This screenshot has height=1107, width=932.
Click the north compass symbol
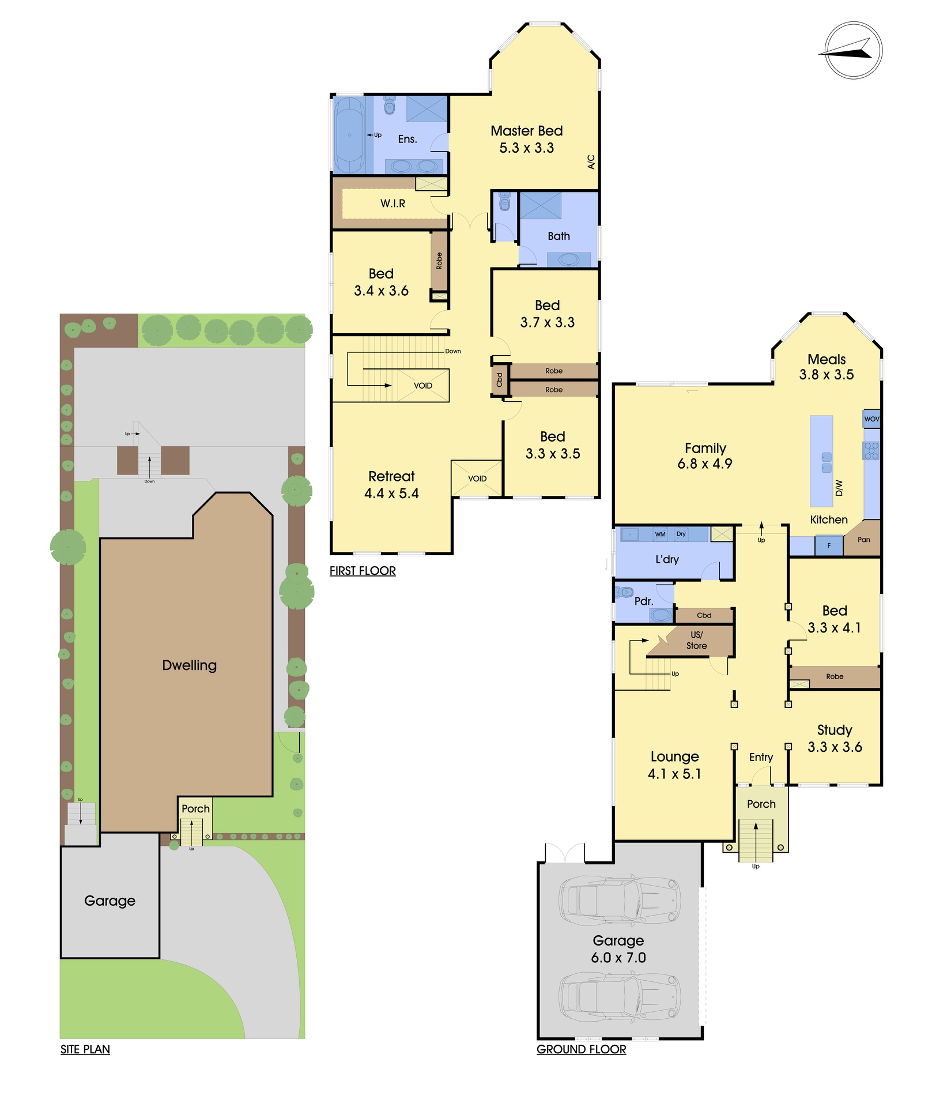click(x=853, y=50)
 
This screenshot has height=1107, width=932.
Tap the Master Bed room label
click(x=526, y=131)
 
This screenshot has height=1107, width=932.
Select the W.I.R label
click(x=393, y=204)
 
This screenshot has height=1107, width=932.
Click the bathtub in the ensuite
click(x=349, y=135)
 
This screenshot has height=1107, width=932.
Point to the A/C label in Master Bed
click(x=591, y=161)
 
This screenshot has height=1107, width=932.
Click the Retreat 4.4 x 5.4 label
click(x=391, y=484)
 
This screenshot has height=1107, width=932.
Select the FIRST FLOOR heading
click(x=363, y=571)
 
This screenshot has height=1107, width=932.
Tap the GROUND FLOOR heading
click(x=581, y=1049)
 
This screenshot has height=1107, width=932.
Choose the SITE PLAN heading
click(x=85, y=1049)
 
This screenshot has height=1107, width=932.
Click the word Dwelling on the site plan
click(x=190, y=665)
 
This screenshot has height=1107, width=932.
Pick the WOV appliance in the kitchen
click(x=871, y=419)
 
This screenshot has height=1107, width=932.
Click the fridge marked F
click(x=829, y=545)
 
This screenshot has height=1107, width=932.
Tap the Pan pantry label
click(x=863, y=540)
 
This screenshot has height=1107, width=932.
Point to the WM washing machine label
click(x=660, y=534)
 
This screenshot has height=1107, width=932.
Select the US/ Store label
click(x=696, y=640)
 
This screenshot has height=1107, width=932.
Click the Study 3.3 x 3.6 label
click(x=835, y=739)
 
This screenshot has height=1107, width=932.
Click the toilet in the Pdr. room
click(x=624, y=592)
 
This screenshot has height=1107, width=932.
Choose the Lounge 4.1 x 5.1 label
click(x=674, y=765)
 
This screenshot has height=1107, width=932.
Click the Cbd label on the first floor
click(x=500, y=380)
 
